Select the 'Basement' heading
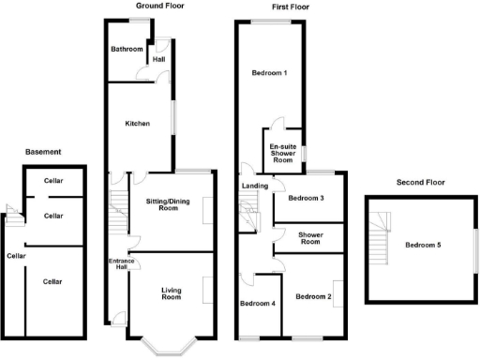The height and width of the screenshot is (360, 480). (x=43, y=151)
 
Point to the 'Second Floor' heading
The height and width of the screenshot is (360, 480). (x=420, y=182)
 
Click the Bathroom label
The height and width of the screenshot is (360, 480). (x=127, y=49)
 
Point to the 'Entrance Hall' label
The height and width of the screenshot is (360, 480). (x=120, y=264)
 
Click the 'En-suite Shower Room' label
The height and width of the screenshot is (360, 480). (x=282, y=153)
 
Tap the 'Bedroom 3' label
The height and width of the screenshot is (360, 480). (x=306, y=198)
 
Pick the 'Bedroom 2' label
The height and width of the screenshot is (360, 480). (x=313, y=297)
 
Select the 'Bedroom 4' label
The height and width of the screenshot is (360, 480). (x=258, y=304)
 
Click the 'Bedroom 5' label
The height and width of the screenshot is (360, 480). (x=424, y=246)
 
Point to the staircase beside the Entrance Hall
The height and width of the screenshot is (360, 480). (x=118, y=216)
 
